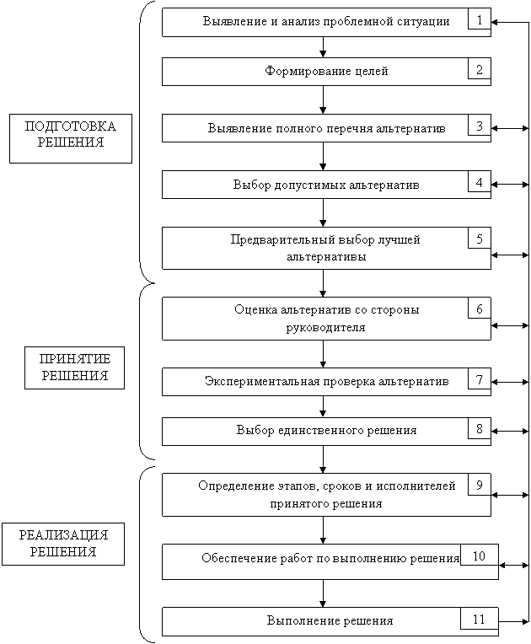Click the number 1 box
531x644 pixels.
[480, 19]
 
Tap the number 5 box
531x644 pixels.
[480, 239]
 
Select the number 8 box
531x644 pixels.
[480, 428]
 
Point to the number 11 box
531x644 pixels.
[480, 619]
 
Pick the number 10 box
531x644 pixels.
[480, 555]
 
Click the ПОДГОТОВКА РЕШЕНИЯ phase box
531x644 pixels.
[71, 138]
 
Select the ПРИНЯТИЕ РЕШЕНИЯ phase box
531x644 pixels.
[74, 368]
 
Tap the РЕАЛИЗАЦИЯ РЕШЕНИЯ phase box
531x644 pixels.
[63, 544]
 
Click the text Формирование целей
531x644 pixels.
[326, 72]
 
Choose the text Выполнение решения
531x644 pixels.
[330, 620]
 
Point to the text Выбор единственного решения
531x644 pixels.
[326, 431]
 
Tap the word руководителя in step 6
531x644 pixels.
[325, 328]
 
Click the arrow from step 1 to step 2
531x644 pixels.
[323, 47]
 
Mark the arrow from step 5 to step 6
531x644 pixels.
[323, 283]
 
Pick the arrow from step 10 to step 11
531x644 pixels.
[323, 593]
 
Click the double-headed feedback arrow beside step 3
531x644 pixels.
[510, 129]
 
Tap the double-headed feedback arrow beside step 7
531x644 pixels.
[510, 382]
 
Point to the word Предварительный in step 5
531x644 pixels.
[283, 240]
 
